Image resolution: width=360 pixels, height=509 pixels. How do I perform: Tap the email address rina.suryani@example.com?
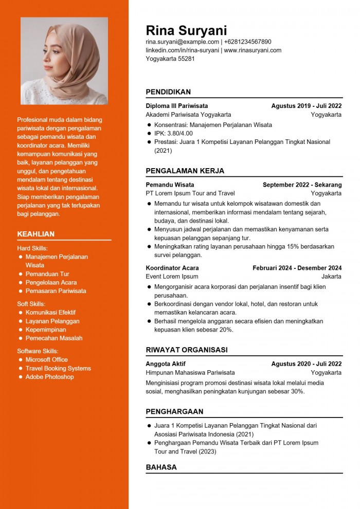[x=182, y=42]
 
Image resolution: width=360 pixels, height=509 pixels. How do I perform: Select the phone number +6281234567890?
[x=247, y=42]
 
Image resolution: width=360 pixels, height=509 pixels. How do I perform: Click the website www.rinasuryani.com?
[x=253, y=50]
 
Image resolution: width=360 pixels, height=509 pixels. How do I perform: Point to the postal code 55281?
[x=186, y=59]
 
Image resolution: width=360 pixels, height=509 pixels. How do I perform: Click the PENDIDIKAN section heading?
[x=168, y=92]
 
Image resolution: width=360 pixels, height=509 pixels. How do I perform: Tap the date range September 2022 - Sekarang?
[x=302, y=185]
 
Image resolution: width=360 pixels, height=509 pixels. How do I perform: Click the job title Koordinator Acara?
[x=172, y=268]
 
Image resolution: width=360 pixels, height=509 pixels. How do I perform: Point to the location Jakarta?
[x=331, y=276]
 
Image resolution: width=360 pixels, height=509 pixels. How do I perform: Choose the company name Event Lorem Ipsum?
[x=172, y=276]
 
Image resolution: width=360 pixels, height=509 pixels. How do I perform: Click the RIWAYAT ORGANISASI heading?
[x=186, y=350]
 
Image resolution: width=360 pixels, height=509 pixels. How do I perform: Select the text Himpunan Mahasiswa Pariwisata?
[x=190, y=372]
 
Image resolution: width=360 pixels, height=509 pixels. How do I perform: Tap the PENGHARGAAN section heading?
[x=174, y=412]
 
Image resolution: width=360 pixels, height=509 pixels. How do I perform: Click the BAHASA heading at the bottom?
[x=161, y=467]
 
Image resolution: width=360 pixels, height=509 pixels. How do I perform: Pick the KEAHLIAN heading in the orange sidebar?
[x=36, y=234]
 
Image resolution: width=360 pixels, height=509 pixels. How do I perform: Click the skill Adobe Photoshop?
[x=49, y=377]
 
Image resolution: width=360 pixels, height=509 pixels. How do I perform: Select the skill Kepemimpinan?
[x=46, y=330]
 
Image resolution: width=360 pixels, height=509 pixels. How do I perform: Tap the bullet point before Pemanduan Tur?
[x=21, y=274]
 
